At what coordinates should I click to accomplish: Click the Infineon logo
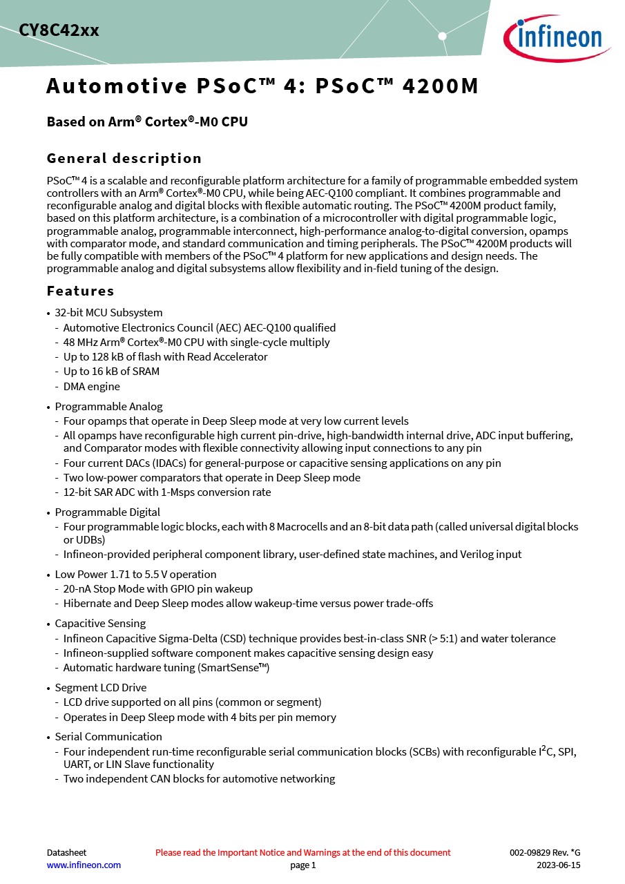[556, 37]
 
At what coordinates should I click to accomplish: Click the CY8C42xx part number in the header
[59, 31]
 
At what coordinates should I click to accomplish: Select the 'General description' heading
[124, 158]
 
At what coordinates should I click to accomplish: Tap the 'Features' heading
[80, 291]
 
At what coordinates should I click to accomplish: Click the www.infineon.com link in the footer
[84, 865]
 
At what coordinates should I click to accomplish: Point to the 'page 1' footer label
[302, 865]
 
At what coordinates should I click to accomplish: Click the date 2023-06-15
[559, 865]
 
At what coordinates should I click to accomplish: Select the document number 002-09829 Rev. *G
[545, 852]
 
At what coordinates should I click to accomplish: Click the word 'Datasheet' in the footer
[66, 852]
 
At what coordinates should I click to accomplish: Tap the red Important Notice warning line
[302, 852]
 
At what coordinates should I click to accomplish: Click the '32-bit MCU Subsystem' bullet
[108, 313]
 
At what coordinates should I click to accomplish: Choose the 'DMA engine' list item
[91, 387]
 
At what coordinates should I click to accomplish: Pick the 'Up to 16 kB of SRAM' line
[111, 372]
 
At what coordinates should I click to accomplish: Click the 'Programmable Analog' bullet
[108, 407]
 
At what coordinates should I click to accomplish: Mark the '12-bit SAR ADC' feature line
[167, 492]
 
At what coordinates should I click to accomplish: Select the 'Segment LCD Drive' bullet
[101, 688]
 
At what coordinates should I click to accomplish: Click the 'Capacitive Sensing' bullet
[100, 624]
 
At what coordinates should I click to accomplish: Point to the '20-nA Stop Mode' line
[158, 589]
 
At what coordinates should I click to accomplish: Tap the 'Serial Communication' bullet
[108, 737]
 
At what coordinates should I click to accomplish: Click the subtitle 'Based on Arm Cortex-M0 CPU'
[147, 122]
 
